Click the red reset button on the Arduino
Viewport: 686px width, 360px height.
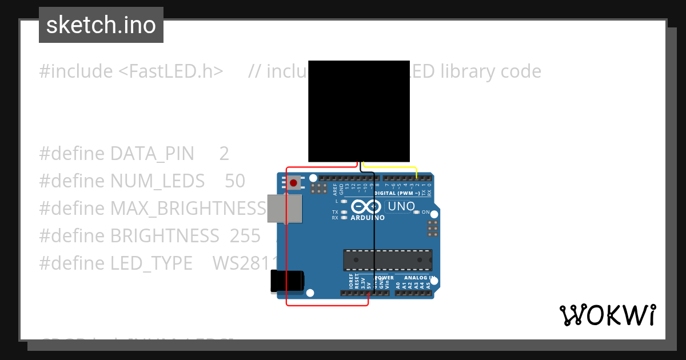coord(293,183)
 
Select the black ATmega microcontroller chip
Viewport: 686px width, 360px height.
coord(388,260)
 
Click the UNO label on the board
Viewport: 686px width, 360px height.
coord(401,206)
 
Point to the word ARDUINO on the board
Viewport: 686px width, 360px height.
coord(367,218)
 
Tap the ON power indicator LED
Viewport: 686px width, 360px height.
coord(417,212)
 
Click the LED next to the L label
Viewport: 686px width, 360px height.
coord(344,201)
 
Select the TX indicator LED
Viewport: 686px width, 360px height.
coord(344,212)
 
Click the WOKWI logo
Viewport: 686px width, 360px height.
coord(607,315)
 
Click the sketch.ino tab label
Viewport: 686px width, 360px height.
coord(101,25)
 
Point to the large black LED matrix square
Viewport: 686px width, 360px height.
coord(359,111)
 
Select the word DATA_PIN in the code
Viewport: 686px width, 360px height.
coord(152,154)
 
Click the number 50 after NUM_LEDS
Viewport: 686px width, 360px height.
coord(235,181)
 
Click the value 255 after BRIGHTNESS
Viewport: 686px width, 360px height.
coord(245,236)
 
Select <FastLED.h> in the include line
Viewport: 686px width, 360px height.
coord(171,71)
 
